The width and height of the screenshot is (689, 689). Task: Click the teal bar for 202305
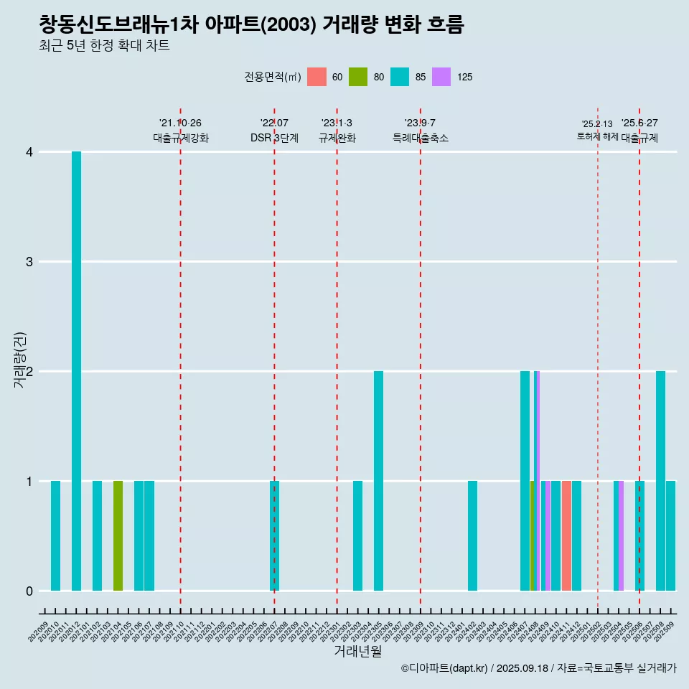[378, 481]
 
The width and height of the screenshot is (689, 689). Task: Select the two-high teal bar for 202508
[660, 481]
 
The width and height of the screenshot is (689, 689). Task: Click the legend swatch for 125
[441, 77]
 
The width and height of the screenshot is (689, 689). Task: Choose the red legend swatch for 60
[317, 77]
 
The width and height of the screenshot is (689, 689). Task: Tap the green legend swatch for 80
[358, 77]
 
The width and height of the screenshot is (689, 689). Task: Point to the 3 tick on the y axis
[29, 261]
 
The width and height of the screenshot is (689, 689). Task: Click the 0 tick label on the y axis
[29, 591]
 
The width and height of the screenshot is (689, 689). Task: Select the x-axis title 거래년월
[357, 652]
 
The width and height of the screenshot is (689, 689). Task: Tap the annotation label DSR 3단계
[274, 138]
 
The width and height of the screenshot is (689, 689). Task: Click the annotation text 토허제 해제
[597, 136]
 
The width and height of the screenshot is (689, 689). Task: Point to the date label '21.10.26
[180, 123]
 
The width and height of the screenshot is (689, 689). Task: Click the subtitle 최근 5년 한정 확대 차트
[105, 46]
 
